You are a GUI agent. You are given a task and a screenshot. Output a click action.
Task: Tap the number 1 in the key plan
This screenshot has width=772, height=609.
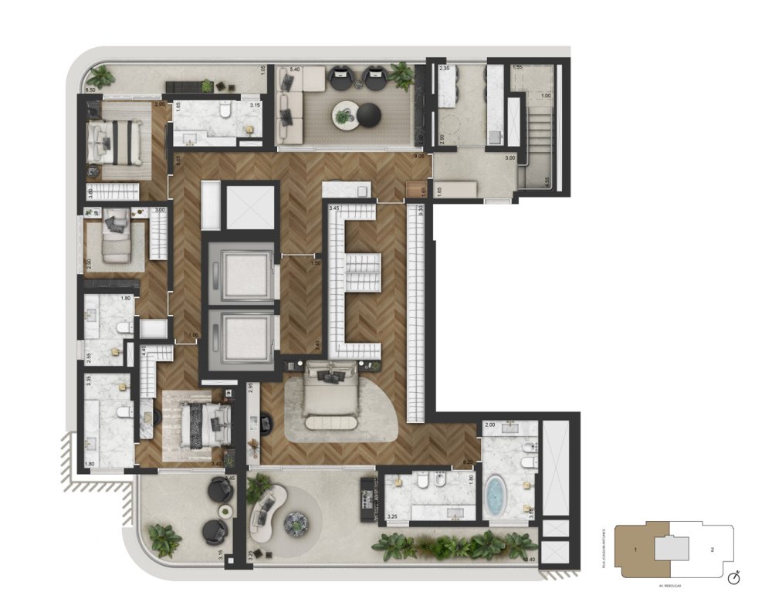(635, 550)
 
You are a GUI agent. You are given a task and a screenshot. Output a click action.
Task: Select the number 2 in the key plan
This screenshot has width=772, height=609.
(713, 550)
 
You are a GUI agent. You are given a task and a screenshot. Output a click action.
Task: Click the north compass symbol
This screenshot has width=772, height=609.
(736, 575)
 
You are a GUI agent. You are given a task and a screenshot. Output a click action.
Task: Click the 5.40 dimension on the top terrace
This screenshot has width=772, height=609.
(294, 70)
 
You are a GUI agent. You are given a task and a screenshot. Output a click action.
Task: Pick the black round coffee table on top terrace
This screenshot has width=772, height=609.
(368, 114)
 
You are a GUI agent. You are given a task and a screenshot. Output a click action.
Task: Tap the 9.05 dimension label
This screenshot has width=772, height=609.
(420, 157)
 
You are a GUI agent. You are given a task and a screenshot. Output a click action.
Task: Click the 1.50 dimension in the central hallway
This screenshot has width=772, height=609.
(315, 264)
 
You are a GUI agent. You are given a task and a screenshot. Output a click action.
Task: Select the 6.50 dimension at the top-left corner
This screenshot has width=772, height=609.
(90, 90)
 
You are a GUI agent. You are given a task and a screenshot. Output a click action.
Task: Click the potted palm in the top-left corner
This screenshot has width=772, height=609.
(100, 75)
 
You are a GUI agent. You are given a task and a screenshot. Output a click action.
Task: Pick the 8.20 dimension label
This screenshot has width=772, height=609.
(467, 462)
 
